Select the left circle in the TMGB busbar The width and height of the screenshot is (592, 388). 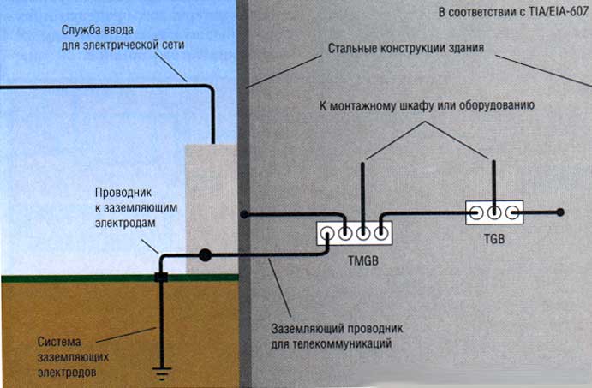pos(344,233)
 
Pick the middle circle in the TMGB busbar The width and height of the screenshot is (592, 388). pos(362,233)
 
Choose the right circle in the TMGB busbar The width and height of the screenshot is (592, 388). pos(380,233)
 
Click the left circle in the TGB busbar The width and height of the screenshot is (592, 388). pos(475,212)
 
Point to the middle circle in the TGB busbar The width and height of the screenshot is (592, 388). pos(494,212)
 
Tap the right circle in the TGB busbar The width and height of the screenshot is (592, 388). pos(512,212)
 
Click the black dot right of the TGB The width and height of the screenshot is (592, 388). pos(560,212)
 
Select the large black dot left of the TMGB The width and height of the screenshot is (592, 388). pos(206,254)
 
